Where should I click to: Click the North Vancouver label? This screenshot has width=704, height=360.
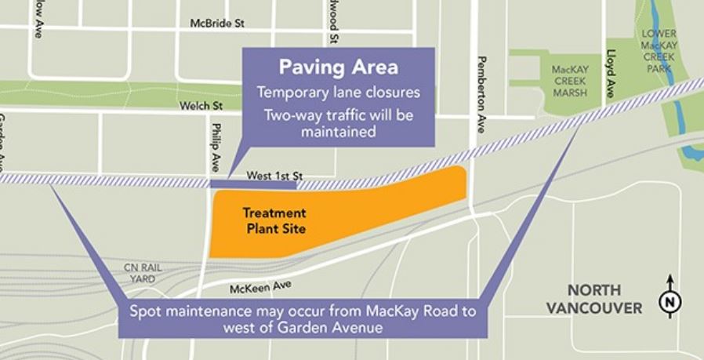click(604, 298)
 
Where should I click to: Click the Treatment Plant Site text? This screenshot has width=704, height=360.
click(274, 221)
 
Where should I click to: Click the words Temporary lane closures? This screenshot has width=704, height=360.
click(338, 93)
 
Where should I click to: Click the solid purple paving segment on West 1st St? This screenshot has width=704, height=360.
click(253, 185)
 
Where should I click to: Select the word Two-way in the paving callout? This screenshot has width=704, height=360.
click(288, 116)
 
